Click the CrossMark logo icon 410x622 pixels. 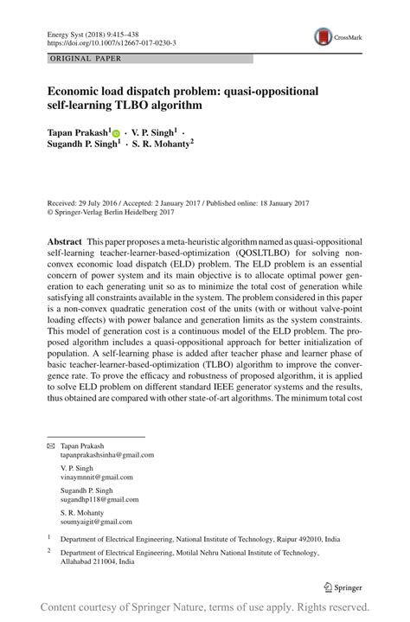(326, 35)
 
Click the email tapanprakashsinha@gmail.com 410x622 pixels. (107, 454)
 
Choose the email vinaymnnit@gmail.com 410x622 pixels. (96, 477)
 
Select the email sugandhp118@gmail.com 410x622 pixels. (98, 500)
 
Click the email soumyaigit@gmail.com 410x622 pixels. (95, 523)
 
